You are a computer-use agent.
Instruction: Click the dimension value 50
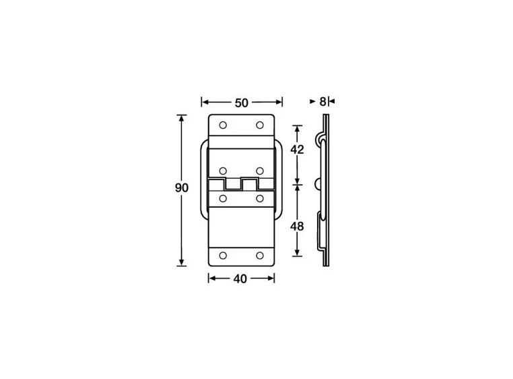242,103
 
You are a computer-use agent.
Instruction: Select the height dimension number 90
181,188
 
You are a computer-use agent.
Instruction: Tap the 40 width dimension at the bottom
240,279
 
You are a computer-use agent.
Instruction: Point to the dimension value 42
297,150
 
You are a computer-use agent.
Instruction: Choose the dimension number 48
297,227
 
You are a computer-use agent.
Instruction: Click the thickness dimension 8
322,101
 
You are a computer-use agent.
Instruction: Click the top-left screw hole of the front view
223,126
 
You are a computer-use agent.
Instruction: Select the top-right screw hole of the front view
260,126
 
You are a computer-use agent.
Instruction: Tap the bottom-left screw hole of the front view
223,256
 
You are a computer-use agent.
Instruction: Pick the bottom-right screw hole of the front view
260,256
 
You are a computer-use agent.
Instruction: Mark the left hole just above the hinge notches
223,169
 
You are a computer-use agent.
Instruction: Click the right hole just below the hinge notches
260,198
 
